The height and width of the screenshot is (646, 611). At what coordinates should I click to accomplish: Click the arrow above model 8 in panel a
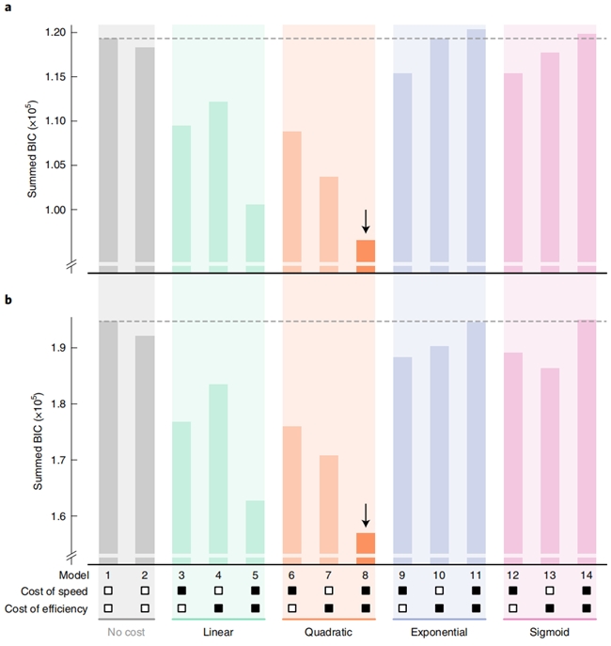366,221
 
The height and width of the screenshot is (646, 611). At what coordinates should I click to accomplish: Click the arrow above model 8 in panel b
366,515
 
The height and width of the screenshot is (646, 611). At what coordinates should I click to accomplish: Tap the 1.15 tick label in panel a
55,77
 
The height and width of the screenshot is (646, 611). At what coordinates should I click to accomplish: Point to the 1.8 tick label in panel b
58,404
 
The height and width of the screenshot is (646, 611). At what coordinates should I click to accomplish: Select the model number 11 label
476,575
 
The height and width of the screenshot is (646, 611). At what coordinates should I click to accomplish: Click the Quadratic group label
328,632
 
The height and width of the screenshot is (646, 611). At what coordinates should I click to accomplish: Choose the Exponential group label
439,632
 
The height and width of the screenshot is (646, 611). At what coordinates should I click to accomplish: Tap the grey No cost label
126,632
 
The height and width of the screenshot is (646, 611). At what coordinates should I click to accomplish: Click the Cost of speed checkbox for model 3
181,591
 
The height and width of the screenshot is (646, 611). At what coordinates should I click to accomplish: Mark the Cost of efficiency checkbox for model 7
329,608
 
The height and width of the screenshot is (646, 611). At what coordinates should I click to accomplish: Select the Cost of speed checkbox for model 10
439,591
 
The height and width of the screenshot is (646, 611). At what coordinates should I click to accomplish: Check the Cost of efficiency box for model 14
587,608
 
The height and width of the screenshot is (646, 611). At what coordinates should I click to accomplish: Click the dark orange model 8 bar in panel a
366,250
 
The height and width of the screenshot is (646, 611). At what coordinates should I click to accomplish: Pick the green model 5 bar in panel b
256,528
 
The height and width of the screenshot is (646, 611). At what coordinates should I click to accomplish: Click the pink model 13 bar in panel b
550,461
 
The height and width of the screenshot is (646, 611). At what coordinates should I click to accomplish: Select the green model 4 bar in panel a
218,181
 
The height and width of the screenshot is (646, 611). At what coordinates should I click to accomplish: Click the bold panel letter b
8,300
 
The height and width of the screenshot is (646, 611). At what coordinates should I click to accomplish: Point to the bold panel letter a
8,8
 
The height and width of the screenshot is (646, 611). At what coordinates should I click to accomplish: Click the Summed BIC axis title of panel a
32,150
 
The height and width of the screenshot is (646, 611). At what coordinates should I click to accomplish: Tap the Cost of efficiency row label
46,608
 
